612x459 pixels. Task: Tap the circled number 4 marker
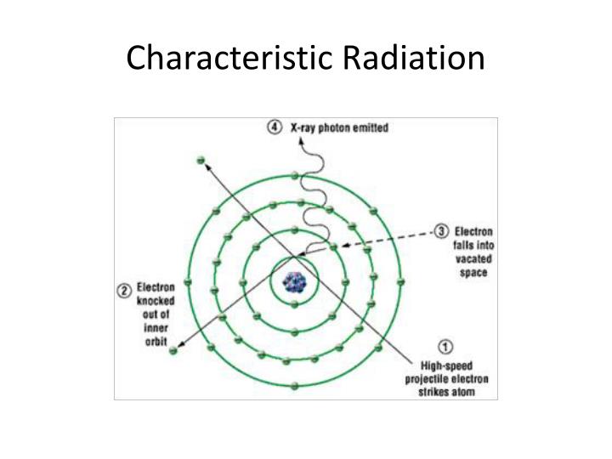click(x=274, y=127)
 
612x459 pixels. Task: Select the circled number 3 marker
click(x=442, y=231)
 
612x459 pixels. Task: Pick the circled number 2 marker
click(x=124, y=290)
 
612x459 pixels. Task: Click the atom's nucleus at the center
click(x=295, y=280)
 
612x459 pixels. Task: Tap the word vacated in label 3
click(x=473, y=259)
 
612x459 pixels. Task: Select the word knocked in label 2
click(x=157, y=302)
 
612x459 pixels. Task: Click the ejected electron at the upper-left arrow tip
click(x=201, y=160)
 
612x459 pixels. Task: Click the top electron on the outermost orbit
click(x=295, y=175)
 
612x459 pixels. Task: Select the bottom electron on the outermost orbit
click(x=295, y=387)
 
